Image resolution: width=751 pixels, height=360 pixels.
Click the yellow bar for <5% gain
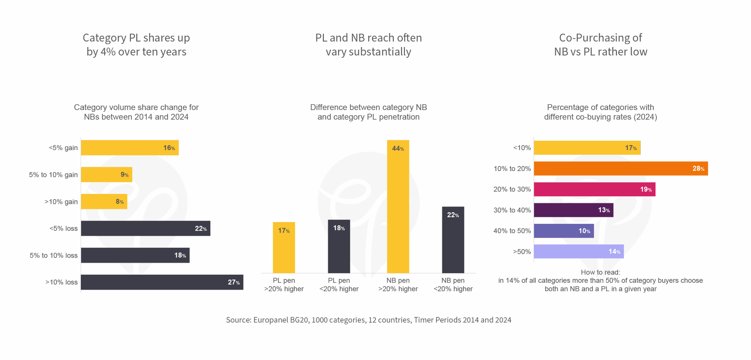tap(130, 148)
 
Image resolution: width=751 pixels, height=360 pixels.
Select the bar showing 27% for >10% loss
tap(162, 282)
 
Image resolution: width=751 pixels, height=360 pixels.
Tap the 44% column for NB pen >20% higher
tap(398, 207)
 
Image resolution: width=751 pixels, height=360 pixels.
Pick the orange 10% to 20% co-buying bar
tap(621, 168)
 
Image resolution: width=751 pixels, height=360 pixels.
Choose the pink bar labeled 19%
tap(594, 189)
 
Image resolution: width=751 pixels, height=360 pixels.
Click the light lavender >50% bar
tap(579, 251)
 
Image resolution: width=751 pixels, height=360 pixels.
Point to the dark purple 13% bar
tap(574, 210)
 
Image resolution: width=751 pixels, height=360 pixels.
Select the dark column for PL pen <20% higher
tap(339, 246)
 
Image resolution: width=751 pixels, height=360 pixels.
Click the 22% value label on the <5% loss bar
tap(201, 229)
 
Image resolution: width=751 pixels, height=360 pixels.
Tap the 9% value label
tap(124, 175)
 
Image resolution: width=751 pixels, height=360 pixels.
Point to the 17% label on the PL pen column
tap(284, 231)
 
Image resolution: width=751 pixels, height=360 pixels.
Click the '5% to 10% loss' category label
tap(54, 256)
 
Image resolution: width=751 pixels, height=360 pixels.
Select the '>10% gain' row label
tap(61, 202)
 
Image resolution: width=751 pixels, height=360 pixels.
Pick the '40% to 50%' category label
tap(512, 231)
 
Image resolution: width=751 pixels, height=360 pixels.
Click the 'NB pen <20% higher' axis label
tap(453, 285)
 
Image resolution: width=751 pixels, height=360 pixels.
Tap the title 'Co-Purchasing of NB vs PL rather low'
tap(601, 45)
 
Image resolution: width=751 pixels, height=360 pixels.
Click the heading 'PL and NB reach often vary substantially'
tap(368, 45)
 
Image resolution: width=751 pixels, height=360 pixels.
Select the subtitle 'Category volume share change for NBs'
tap(136, 112)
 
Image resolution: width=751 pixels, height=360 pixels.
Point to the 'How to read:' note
tap(600, 272)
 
